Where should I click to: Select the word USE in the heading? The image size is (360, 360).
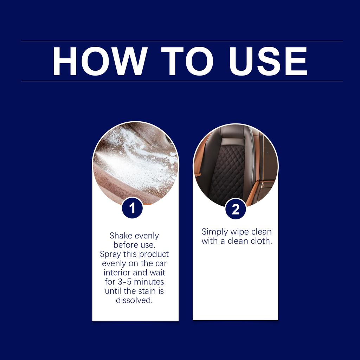pos(269,61)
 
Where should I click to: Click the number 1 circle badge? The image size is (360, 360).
pos(132,208)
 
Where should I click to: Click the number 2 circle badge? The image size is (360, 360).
pos(236,210)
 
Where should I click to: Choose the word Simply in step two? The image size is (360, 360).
pos(214,232)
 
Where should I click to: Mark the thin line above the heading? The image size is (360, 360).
pos(182,41)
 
